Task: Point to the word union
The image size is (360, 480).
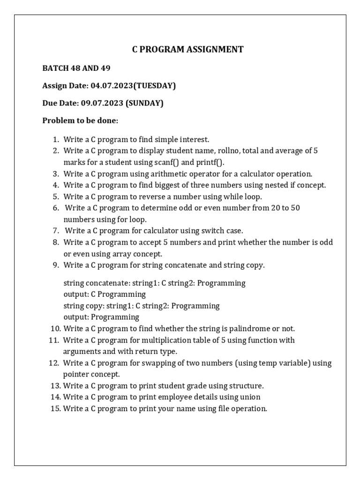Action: pyautogui.click(x=250, y=397)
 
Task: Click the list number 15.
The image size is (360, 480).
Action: pyautogui.click(x=55, y=408)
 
